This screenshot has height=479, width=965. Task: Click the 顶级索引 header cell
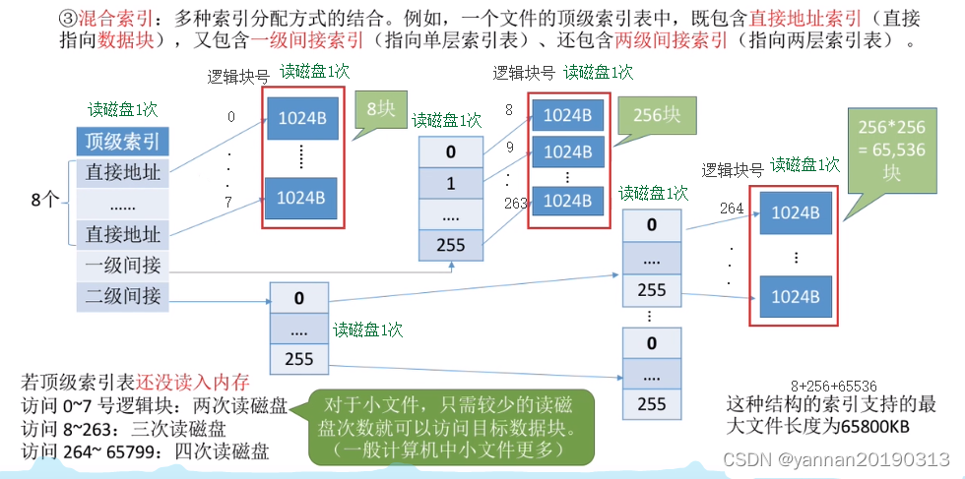coord(123,140)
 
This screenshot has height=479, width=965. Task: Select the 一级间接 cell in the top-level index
coord(123,265)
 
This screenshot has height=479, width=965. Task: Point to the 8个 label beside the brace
coord(44,201)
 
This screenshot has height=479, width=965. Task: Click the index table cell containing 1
coord(450,183)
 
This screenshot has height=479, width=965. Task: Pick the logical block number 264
coord(732,208)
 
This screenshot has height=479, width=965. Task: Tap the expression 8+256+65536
coord(834,387)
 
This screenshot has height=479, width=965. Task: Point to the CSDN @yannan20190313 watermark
coord(835,459)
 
